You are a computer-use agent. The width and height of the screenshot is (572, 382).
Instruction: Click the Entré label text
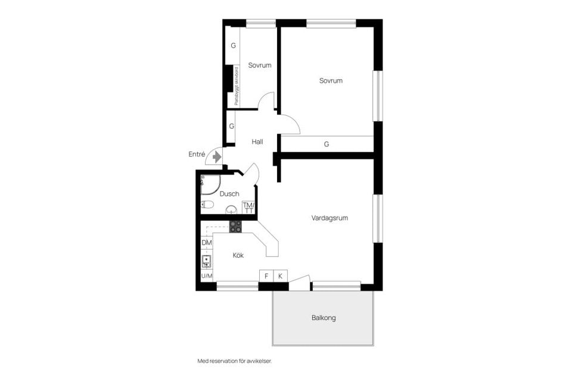197,155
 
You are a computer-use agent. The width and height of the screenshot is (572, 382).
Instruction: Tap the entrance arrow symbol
217,156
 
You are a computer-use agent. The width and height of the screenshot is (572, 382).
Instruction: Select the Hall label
257,142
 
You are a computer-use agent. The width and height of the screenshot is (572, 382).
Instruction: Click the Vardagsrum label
329,218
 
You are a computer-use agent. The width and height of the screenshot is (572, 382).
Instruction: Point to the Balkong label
324,318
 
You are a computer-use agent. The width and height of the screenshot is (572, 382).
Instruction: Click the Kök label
238,255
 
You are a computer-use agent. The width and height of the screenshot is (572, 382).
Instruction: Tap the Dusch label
229,194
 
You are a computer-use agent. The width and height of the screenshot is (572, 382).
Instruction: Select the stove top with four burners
236,227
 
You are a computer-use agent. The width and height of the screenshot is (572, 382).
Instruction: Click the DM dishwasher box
207,243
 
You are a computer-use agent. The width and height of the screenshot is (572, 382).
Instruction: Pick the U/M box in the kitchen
207,276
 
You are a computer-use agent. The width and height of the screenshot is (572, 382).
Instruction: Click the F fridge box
266,276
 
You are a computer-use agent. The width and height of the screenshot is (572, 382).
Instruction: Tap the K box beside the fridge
281,276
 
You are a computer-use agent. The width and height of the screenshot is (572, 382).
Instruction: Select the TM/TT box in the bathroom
248,207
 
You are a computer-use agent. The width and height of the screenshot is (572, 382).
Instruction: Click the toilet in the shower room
207,205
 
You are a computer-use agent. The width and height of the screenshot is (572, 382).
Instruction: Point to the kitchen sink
207,260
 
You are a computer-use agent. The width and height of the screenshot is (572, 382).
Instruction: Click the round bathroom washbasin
231,210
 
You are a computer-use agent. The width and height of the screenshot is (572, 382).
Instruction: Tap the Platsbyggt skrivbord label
237,86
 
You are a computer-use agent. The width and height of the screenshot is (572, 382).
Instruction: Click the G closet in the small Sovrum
233,45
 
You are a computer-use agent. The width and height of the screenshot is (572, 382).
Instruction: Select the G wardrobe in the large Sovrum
327,144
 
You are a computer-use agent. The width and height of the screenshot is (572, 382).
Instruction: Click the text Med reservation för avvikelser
238,361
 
